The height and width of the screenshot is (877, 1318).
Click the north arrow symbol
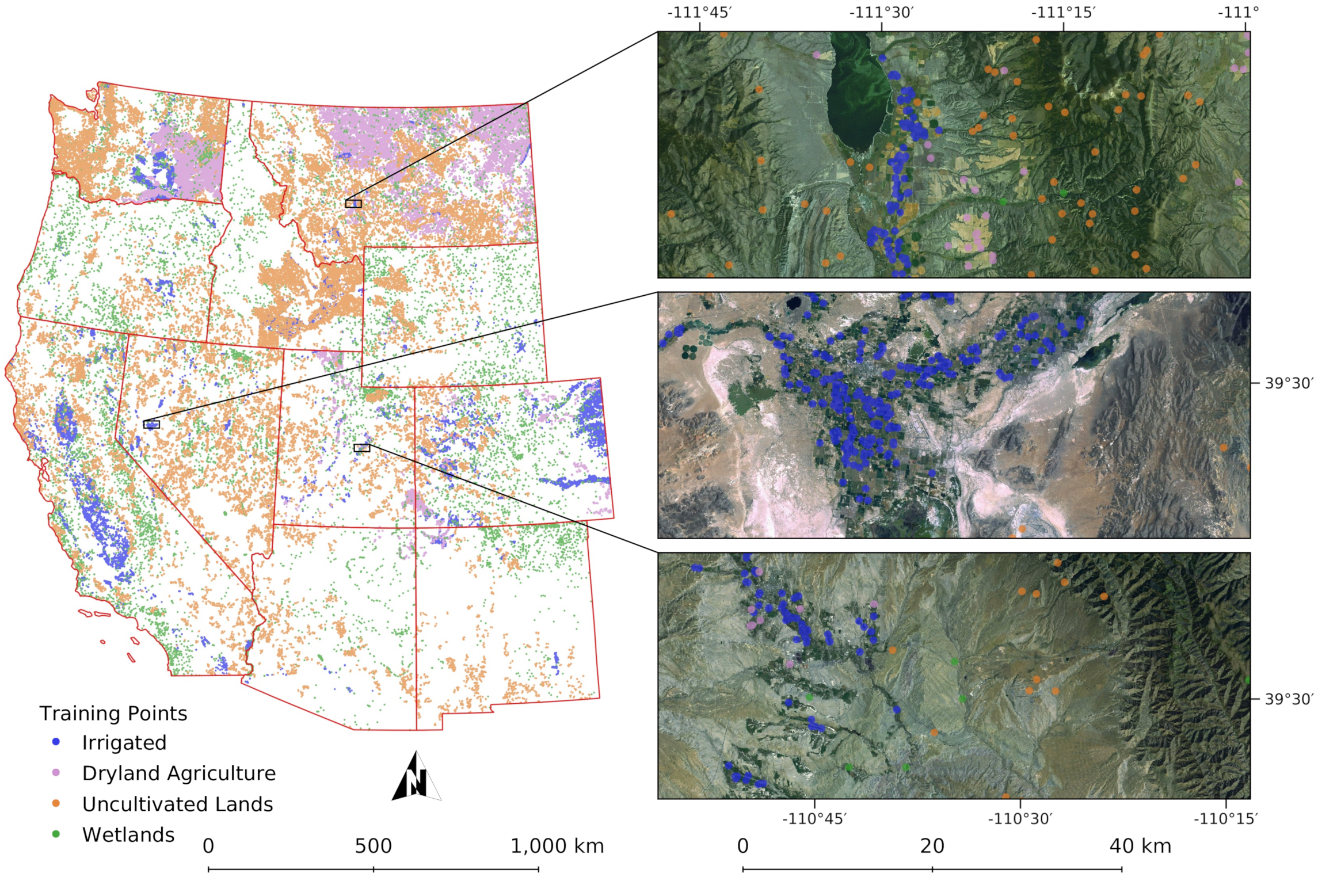coord(416,779)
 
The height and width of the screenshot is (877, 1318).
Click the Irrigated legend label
coord(124,742)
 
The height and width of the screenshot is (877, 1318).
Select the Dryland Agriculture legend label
coord(178,773)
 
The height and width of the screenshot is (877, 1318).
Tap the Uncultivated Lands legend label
coord(177,804)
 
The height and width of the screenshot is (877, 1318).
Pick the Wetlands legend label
coord(128,834)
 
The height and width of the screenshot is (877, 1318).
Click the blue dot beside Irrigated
coord(56,742)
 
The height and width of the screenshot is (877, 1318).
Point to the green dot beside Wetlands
coord(56,834)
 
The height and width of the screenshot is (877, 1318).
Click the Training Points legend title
coord(113,713)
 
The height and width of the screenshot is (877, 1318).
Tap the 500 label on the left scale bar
coord(373,846)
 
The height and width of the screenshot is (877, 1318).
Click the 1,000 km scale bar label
coord(557,846)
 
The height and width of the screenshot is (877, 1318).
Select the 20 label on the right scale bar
coord(932,846)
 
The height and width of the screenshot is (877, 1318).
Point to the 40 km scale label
coord(1140,846)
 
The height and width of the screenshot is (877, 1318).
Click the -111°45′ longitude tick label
coord(699,13)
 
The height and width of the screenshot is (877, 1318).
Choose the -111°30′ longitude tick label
coord(881,13)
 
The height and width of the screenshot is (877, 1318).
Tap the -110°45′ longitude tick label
coord(814,818)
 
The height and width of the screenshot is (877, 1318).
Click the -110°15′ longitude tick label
coord(1225,818)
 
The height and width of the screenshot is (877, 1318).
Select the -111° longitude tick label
coord(1238,13)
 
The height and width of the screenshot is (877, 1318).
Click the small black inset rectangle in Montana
coord(353,203)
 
